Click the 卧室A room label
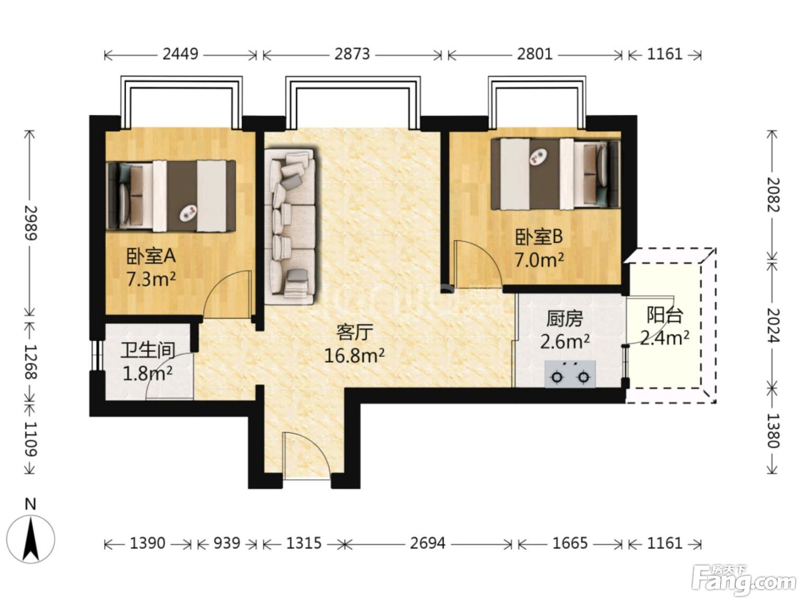coord(151,256)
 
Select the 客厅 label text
coord(355,332)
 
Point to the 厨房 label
coord(564,319)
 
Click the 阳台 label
coord(664,315)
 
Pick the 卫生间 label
coord(148,350)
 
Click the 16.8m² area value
coord(354,355)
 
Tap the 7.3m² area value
coord(151,279)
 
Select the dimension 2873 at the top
coord(352,54)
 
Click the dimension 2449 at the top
coord(180,54)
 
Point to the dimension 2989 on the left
coord(31,223)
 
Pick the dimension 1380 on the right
coord(773,431)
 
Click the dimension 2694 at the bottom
coord(427,543)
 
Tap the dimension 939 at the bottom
coord(227,543)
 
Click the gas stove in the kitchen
coord(570,374)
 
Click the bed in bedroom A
coord(171,196)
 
